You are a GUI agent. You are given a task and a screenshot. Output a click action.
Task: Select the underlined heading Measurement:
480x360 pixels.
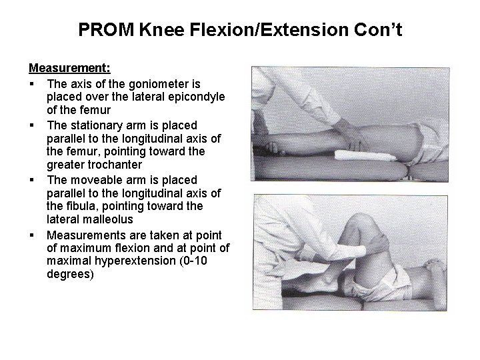(x=69, y=68)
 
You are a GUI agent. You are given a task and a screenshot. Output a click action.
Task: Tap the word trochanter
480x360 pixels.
(x=118, y=165)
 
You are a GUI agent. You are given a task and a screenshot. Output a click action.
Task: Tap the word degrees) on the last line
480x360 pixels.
(x=71, y=274)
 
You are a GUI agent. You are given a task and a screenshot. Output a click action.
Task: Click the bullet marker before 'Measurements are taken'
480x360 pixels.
(x=32, y=235)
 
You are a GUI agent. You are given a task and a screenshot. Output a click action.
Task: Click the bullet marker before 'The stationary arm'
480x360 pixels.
(x=32, y=125)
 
